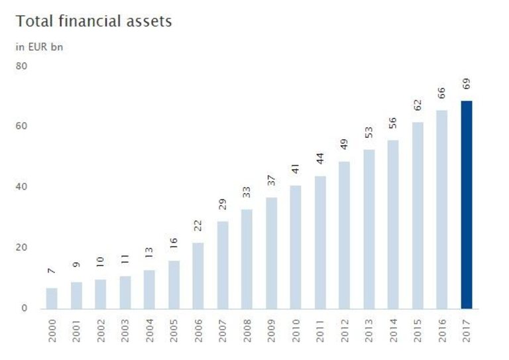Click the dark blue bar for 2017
467,204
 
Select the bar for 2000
52,298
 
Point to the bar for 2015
418,215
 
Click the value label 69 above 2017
467,84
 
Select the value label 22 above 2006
198,226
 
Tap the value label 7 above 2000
52,272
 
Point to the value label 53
369,133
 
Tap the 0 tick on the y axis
25,308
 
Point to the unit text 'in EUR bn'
39,46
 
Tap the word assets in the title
150,22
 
